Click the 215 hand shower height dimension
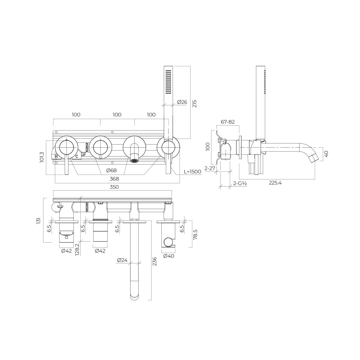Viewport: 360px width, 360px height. (x=194, y=103)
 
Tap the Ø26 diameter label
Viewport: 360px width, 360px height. (x=182, y=102)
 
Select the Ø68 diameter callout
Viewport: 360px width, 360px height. (x=111, y=170)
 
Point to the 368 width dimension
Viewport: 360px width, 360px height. (x=114, y=179)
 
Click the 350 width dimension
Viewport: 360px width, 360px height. (x=114, y=187)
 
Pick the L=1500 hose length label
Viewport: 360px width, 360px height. (x=193, y=172)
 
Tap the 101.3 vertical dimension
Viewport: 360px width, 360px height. (x=42, y=157)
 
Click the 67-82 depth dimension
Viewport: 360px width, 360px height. (x=228, y=122)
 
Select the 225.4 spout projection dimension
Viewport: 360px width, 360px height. (x=275, y=183)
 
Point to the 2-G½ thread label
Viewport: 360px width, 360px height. (x=240, y=184)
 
